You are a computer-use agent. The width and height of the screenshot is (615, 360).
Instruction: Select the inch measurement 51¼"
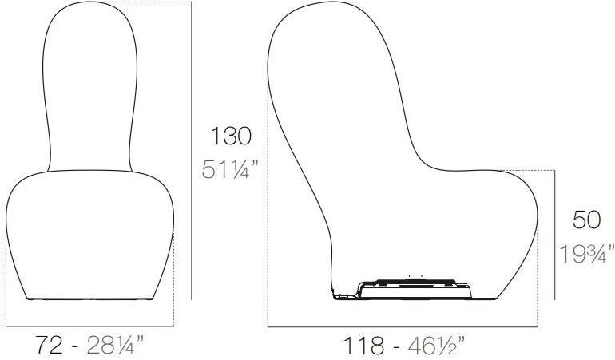click(x=230, y=170)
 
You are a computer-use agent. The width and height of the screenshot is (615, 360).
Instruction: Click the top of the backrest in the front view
click(x=89, y=4)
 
